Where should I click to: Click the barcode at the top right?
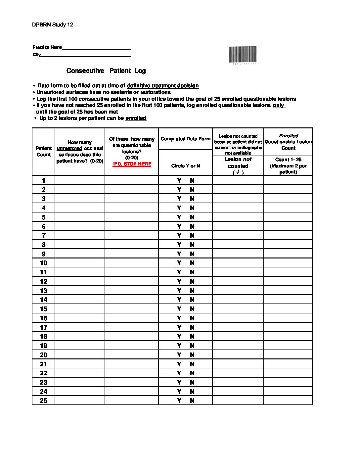click(243, 54)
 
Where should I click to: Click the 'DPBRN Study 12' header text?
click(53, 25)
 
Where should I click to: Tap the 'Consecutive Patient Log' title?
click(106, 71)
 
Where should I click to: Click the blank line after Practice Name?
click(96, 48)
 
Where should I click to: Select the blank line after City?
click(85, 55)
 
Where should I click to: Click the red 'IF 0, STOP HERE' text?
click(132, 164)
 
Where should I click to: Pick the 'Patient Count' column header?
click(44, 151)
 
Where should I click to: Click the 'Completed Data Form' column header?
click(185, 139)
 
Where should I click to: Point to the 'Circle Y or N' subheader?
click(185, 166)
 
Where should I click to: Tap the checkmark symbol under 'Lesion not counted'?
click(238, 172)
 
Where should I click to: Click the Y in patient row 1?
click(179, 180)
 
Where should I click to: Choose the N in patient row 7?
click(192, 236)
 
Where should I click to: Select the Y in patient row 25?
click(179, 400)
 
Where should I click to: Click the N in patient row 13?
click(192, 291)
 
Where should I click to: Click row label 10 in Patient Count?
click(44, 263)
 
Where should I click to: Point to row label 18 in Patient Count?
click(44, 337)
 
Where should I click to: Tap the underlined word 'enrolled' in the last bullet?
click(136, 118)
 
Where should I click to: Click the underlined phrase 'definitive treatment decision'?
click(163, 86)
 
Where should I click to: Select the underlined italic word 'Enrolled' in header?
click(289, 136)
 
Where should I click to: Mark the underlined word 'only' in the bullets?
click(278, 105)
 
